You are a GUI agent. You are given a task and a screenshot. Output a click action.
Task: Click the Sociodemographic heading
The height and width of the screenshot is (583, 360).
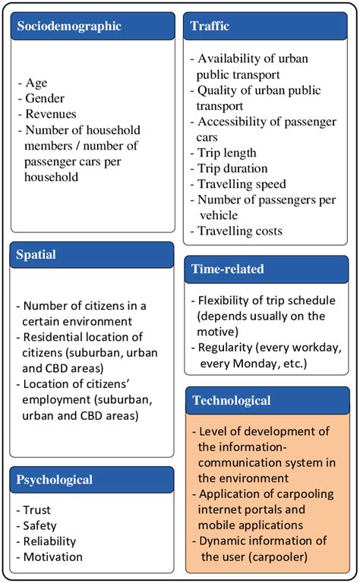click(x=68, y=26)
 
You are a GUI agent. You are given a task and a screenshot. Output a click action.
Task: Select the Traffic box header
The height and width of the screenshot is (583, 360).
click(x=210, y=27)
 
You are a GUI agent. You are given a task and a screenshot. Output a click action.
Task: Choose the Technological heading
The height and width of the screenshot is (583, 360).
click(x=232, y=400)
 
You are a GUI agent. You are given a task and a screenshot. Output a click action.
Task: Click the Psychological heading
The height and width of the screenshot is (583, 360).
click(x=54, y=480)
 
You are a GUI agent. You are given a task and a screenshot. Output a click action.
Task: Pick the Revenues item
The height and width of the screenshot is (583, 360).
click(x=49, y=113)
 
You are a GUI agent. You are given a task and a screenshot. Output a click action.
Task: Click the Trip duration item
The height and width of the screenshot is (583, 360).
click(x=232, y=169)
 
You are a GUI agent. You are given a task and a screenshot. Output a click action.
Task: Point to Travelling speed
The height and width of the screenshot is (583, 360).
click(x=242, y=184)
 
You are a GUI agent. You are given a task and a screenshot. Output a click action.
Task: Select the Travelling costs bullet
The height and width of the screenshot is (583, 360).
click(x=239, y=230)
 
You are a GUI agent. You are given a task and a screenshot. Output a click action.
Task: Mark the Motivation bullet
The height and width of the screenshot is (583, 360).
click(x=52, y=557)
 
